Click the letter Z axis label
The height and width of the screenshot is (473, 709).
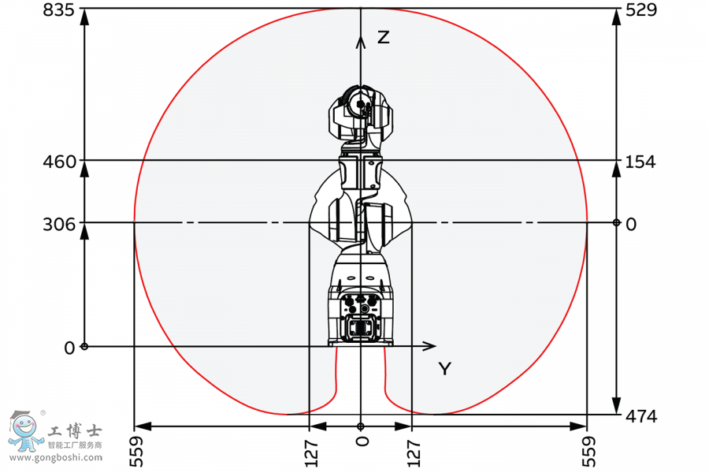click(x=383, y=37)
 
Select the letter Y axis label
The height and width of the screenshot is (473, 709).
click(x=445, y=368)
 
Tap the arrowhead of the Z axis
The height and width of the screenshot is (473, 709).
click(x=361, y=39)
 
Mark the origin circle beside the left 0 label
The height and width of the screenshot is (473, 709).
click(x=85, y=346)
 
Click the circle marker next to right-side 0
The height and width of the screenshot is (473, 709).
click(x=617, y=223)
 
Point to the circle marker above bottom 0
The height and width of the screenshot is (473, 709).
click(x=361, y=426)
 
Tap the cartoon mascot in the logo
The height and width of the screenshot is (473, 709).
click(x=25, y=430)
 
